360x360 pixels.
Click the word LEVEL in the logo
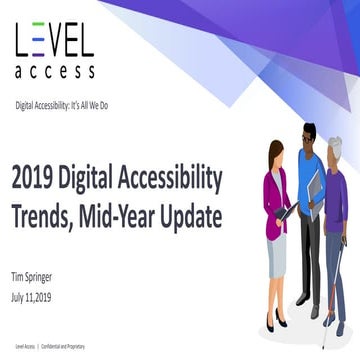point(54,41)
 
